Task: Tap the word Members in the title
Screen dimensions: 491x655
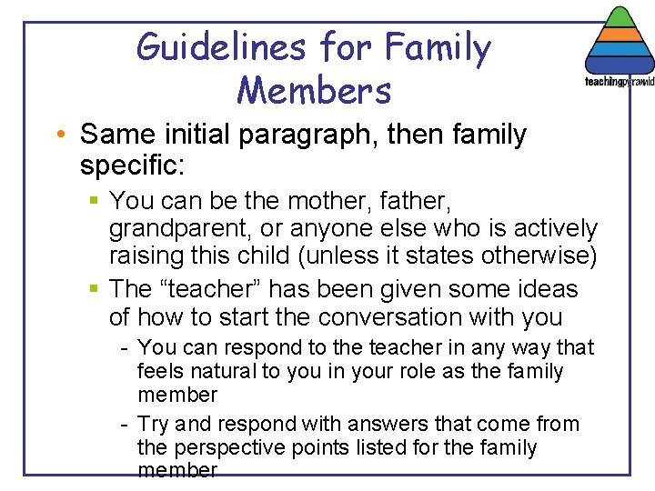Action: (314, 90)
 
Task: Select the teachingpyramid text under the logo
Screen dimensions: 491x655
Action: (618, 81)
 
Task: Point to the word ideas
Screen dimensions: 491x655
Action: (544, 289)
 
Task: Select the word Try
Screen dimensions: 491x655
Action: (152, 424)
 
